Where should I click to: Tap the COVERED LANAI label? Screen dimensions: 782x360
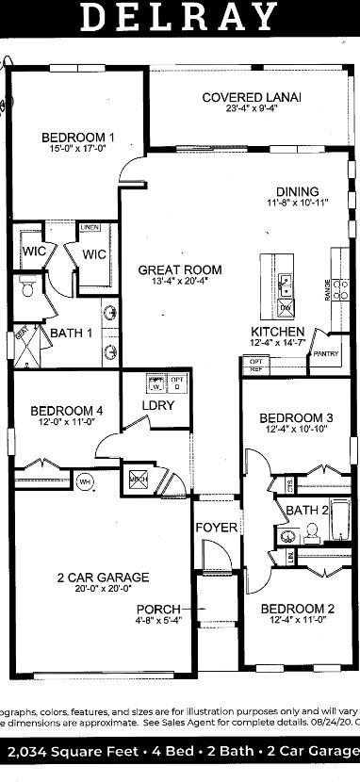[252, 98]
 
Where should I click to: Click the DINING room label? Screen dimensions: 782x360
[297, 190]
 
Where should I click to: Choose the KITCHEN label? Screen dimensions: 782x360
[277, 332]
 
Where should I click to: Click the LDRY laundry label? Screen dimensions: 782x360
[155, 406]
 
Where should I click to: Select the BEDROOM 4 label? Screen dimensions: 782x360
[66, 411]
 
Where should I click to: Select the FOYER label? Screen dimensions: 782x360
[216, 528]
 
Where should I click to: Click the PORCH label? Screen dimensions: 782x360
[158, 609]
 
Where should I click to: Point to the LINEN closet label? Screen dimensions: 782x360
[90, 228]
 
